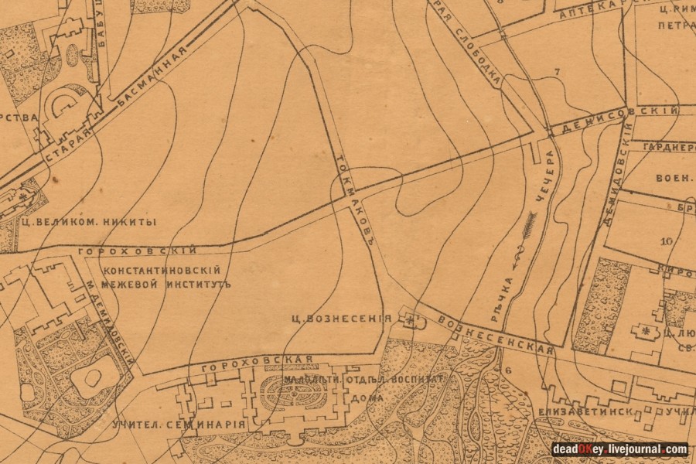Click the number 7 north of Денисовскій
pyautogui.click(x=556, y=72)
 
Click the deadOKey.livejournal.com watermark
pyautogui.click(x=619, y=449)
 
